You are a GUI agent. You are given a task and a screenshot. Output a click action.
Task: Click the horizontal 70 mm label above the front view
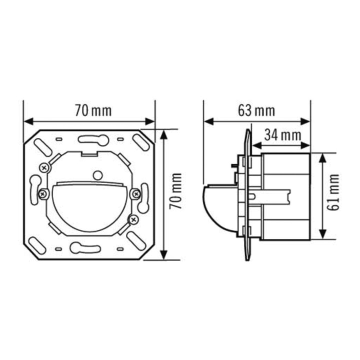pos(93,110)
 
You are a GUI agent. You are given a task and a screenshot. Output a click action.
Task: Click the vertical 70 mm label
pos(176,191)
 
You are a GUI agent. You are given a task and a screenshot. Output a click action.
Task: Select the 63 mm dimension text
pos(256,110)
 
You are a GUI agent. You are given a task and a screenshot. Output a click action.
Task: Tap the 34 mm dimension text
pos(282,135)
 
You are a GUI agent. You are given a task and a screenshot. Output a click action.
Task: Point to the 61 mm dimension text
pos(333,192)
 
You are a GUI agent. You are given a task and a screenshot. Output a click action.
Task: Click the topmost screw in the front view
pos(44,168)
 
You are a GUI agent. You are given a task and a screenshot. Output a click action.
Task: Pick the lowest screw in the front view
pos(133,219)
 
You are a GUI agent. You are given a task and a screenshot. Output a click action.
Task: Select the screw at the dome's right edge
pos(136,194)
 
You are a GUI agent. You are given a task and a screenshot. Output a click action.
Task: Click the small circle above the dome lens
pos(98,175)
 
